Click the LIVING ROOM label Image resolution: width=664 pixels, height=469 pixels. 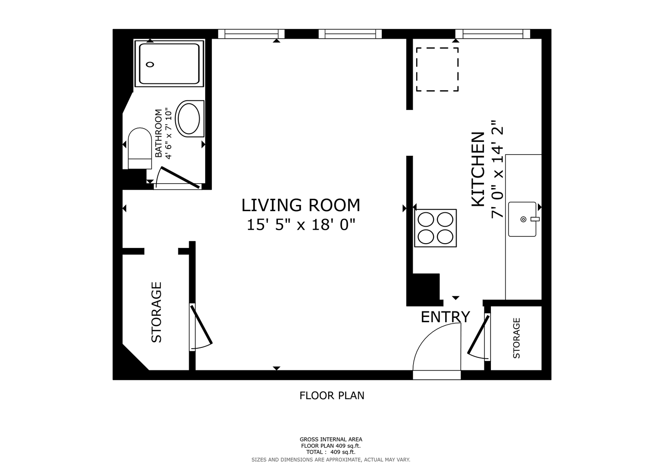(301, 205)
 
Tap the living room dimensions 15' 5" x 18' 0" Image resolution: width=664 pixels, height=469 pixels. (301, 225)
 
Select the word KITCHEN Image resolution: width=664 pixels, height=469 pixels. (478, 169)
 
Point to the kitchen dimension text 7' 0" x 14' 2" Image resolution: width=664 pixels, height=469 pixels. (497, 169)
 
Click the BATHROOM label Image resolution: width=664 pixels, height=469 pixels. (159, 133)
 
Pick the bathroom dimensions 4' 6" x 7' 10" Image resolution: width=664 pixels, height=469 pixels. (168, 133)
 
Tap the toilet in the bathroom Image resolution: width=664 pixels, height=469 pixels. (140, 149)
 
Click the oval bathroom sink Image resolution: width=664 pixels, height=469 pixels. (187, 119)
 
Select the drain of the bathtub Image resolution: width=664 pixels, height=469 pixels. (150, 64)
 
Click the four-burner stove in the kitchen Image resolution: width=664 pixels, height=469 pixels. (435, 228)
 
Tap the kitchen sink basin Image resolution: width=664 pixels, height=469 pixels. (522, 219)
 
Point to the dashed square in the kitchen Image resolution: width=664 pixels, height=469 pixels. (437, 69)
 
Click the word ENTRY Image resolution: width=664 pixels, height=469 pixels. (445, 317)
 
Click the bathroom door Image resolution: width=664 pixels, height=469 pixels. (180, 177)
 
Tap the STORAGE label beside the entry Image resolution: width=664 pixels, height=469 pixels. (517, 338)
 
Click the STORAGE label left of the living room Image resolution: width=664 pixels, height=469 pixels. (157, 312)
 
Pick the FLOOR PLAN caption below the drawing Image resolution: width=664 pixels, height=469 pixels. (332, 396)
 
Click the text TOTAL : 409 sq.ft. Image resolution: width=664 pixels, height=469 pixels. (331, 452)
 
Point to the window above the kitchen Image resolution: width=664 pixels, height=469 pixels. (493, 34)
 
